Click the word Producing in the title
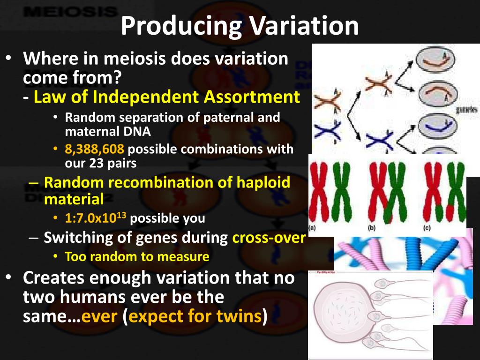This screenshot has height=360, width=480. point(181,27)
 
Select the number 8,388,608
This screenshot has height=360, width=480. point(95,150)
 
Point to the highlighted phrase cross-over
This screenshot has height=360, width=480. point(269,238)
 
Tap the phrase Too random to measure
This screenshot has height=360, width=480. point(137,256)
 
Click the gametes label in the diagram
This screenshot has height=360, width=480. point(466,109)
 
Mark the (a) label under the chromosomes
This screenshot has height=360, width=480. point(313,229)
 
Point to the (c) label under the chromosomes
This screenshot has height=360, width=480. point(427,229)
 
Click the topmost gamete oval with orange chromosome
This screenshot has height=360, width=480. point(432,62)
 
